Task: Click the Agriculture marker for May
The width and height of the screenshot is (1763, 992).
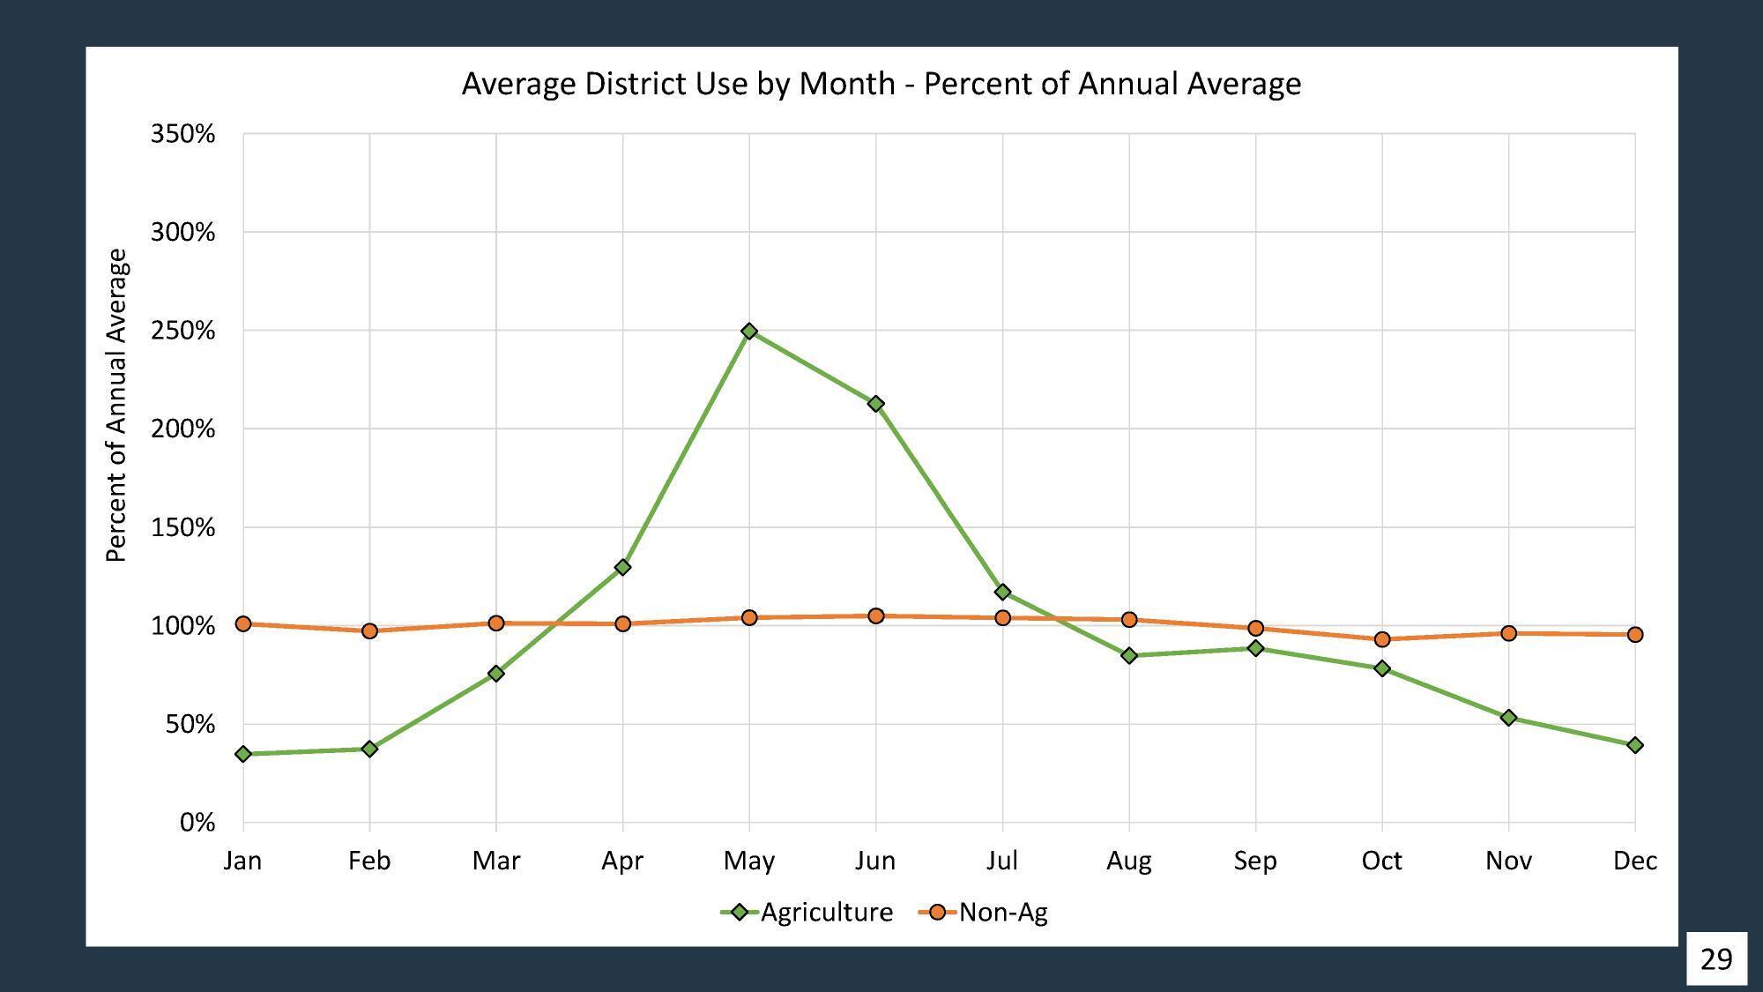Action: coord(749,332)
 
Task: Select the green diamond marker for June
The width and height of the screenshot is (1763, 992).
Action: coord(875,404)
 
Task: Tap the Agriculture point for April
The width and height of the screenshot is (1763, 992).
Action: coord(622,567)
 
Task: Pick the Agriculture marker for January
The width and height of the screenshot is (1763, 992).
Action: coord(243,754)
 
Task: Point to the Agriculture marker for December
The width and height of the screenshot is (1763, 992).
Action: coord(1635,745)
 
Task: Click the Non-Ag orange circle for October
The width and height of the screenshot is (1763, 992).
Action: coord(1382,639)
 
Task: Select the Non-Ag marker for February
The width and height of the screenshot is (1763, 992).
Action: coord(369,630)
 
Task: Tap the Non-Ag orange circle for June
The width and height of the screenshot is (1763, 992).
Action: coord(875,615)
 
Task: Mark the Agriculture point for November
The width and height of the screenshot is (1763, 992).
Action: coord(1508,718)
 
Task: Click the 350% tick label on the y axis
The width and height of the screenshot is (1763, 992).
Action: coord(183,134)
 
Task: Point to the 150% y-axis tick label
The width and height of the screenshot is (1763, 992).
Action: coord(183,528)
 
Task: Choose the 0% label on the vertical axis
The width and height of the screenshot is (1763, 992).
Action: coord(197,823)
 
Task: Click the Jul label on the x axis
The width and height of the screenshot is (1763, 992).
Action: coord(1002,861)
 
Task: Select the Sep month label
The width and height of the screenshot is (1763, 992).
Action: coord(1255,861)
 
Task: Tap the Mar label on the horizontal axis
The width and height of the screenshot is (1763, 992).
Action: coord(496,861)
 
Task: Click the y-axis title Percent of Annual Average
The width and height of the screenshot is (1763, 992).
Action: coord(116,406)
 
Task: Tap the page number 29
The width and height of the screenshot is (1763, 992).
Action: coord(1716,958)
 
